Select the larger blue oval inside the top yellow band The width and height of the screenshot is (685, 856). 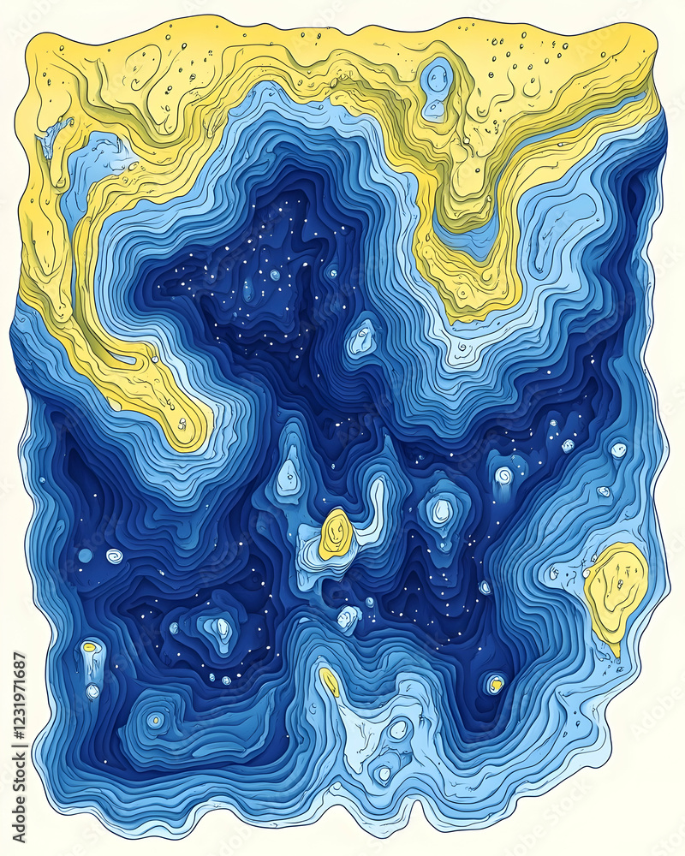438,79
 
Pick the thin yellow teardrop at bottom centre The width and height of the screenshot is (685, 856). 329,681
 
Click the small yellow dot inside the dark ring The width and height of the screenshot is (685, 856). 495,684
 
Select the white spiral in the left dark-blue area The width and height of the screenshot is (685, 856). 114,556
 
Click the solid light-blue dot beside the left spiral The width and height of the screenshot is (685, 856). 85,556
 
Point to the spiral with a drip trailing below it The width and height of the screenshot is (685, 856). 503,476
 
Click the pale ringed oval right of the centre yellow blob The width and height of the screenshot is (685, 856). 441,512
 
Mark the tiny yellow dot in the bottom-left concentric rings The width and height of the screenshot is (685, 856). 154,721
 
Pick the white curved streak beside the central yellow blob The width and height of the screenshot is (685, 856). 375,505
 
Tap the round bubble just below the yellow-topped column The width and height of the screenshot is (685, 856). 92,690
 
